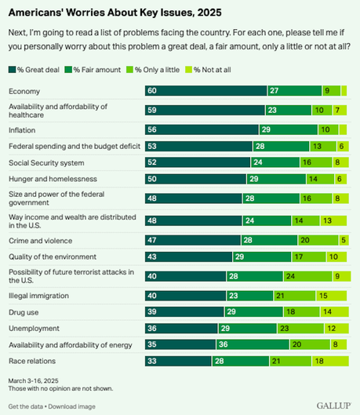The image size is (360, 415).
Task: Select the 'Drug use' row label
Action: tap(25, 311)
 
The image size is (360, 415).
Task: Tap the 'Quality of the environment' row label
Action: tap(53, 256)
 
